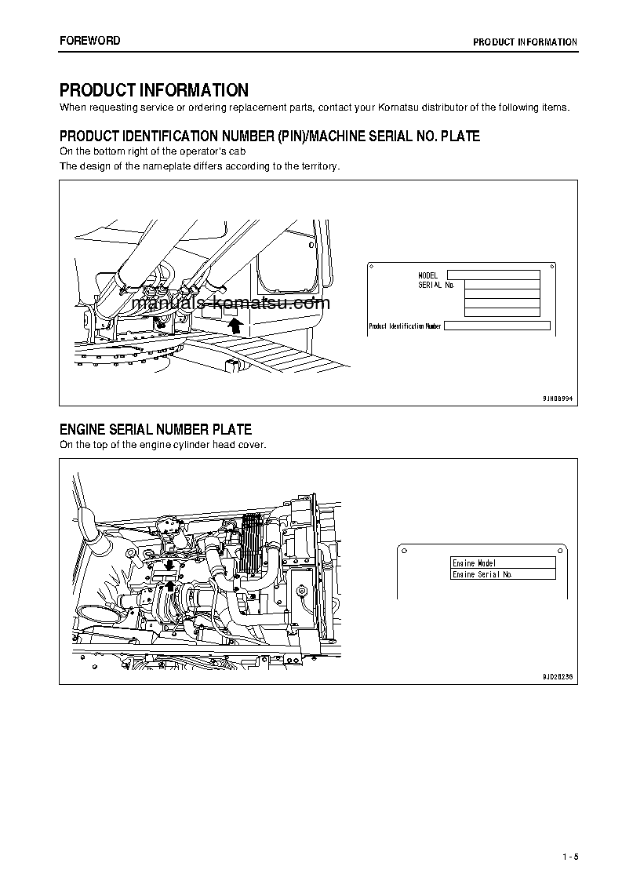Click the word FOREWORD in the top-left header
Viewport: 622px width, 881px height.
click(90, 41)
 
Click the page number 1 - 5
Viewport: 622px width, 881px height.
click(569, 856)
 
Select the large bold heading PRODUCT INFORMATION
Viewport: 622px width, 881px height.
click(155, 90)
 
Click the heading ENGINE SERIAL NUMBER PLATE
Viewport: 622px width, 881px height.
click(156, 429)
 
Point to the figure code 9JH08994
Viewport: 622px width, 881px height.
click(558, 399)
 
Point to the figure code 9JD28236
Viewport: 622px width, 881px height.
click(558, 676)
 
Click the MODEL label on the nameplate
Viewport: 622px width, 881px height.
click(427, 275)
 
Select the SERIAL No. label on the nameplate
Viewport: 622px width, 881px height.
click(436, 285)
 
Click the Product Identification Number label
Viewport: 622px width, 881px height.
click(405, 326)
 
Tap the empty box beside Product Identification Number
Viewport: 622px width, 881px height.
click(497, 326)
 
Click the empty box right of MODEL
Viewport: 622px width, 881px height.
click(493, 275)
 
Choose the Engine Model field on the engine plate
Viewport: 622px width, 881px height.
click(503, 563)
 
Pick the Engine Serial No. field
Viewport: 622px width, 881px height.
click(503, 574)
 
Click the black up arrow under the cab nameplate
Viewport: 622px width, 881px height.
click(233, 326)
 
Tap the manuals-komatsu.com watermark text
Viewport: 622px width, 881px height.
click(225, 303)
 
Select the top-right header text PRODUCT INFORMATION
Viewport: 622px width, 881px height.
click(525, 42)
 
